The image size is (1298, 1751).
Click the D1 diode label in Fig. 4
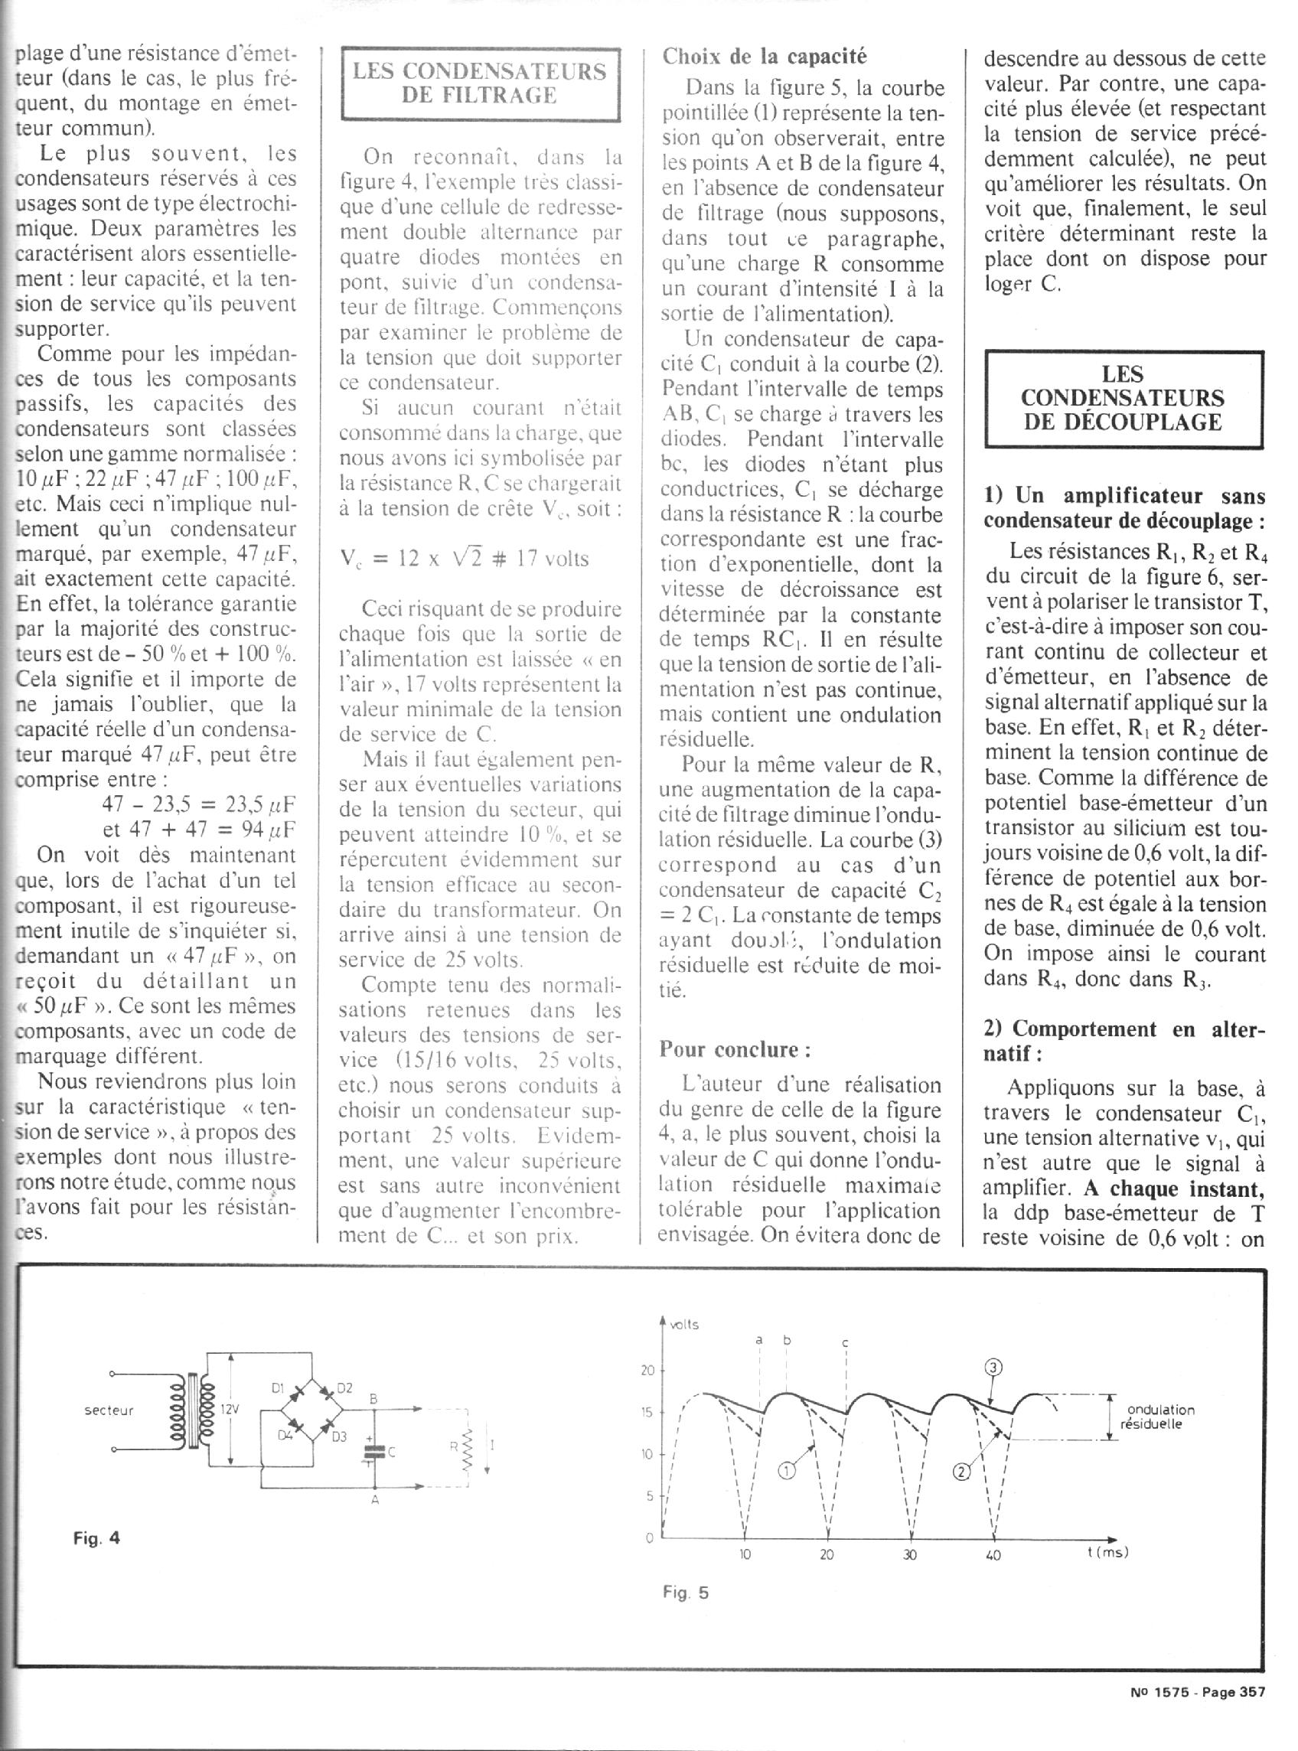276,1388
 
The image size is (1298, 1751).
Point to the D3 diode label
338,1437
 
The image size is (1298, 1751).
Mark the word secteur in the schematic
109,1410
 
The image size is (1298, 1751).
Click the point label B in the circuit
374,1399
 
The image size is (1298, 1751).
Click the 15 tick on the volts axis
647,1413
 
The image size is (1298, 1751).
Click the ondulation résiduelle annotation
1159,1417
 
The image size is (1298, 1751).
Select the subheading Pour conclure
735,1049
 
